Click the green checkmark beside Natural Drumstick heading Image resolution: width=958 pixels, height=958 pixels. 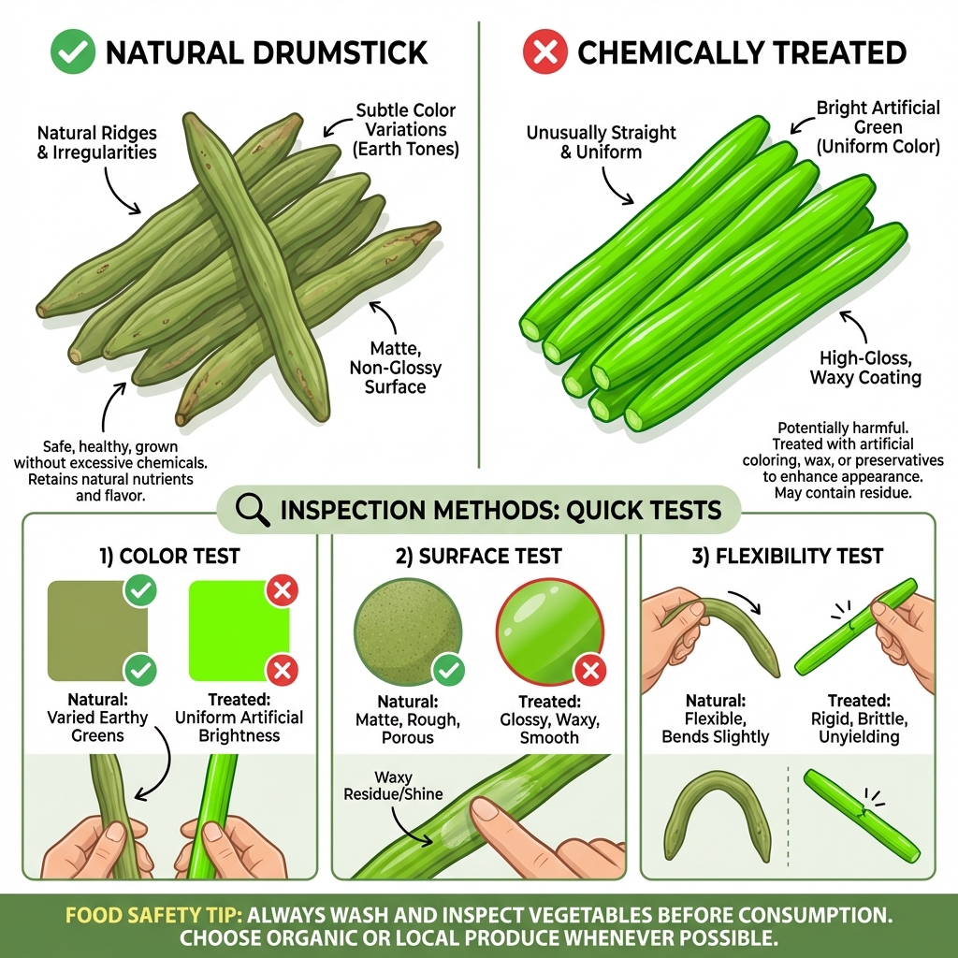(72, 51)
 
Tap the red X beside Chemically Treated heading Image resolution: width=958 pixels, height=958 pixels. (545, 51)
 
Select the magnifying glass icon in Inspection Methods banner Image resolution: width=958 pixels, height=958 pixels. (252, 510)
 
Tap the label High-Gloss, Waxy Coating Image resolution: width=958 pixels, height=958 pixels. (864, 368)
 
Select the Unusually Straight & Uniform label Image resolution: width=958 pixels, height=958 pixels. (601, 141)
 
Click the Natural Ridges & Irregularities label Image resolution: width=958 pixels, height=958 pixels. (97, 141)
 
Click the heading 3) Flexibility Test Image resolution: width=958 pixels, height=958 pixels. (787, 557)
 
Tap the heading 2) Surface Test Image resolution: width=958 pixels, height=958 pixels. (478, 557)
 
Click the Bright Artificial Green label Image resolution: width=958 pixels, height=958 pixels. (878, 127)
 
